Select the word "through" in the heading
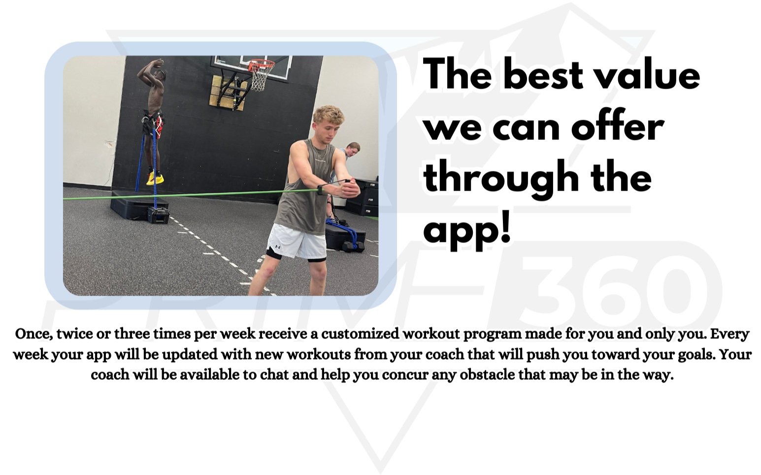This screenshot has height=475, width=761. pyautogui.click(x=500, y=178)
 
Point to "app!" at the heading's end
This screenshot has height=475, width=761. pyautogui.click(x=467, y=230)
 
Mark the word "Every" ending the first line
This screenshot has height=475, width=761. pyautogui.click(x=729, y=334)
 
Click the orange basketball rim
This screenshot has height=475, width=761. pyautogui.click(x=261, y=65)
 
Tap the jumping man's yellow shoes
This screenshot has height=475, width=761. pyautogui.click(x=155, y=178)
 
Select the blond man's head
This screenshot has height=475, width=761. pyautogui.click(x=328, y=122)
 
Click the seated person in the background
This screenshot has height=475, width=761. pyautogui.click(x=352, y=151)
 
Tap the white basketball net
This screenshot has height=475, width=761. pyautogui.click(x=259, y=79)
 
